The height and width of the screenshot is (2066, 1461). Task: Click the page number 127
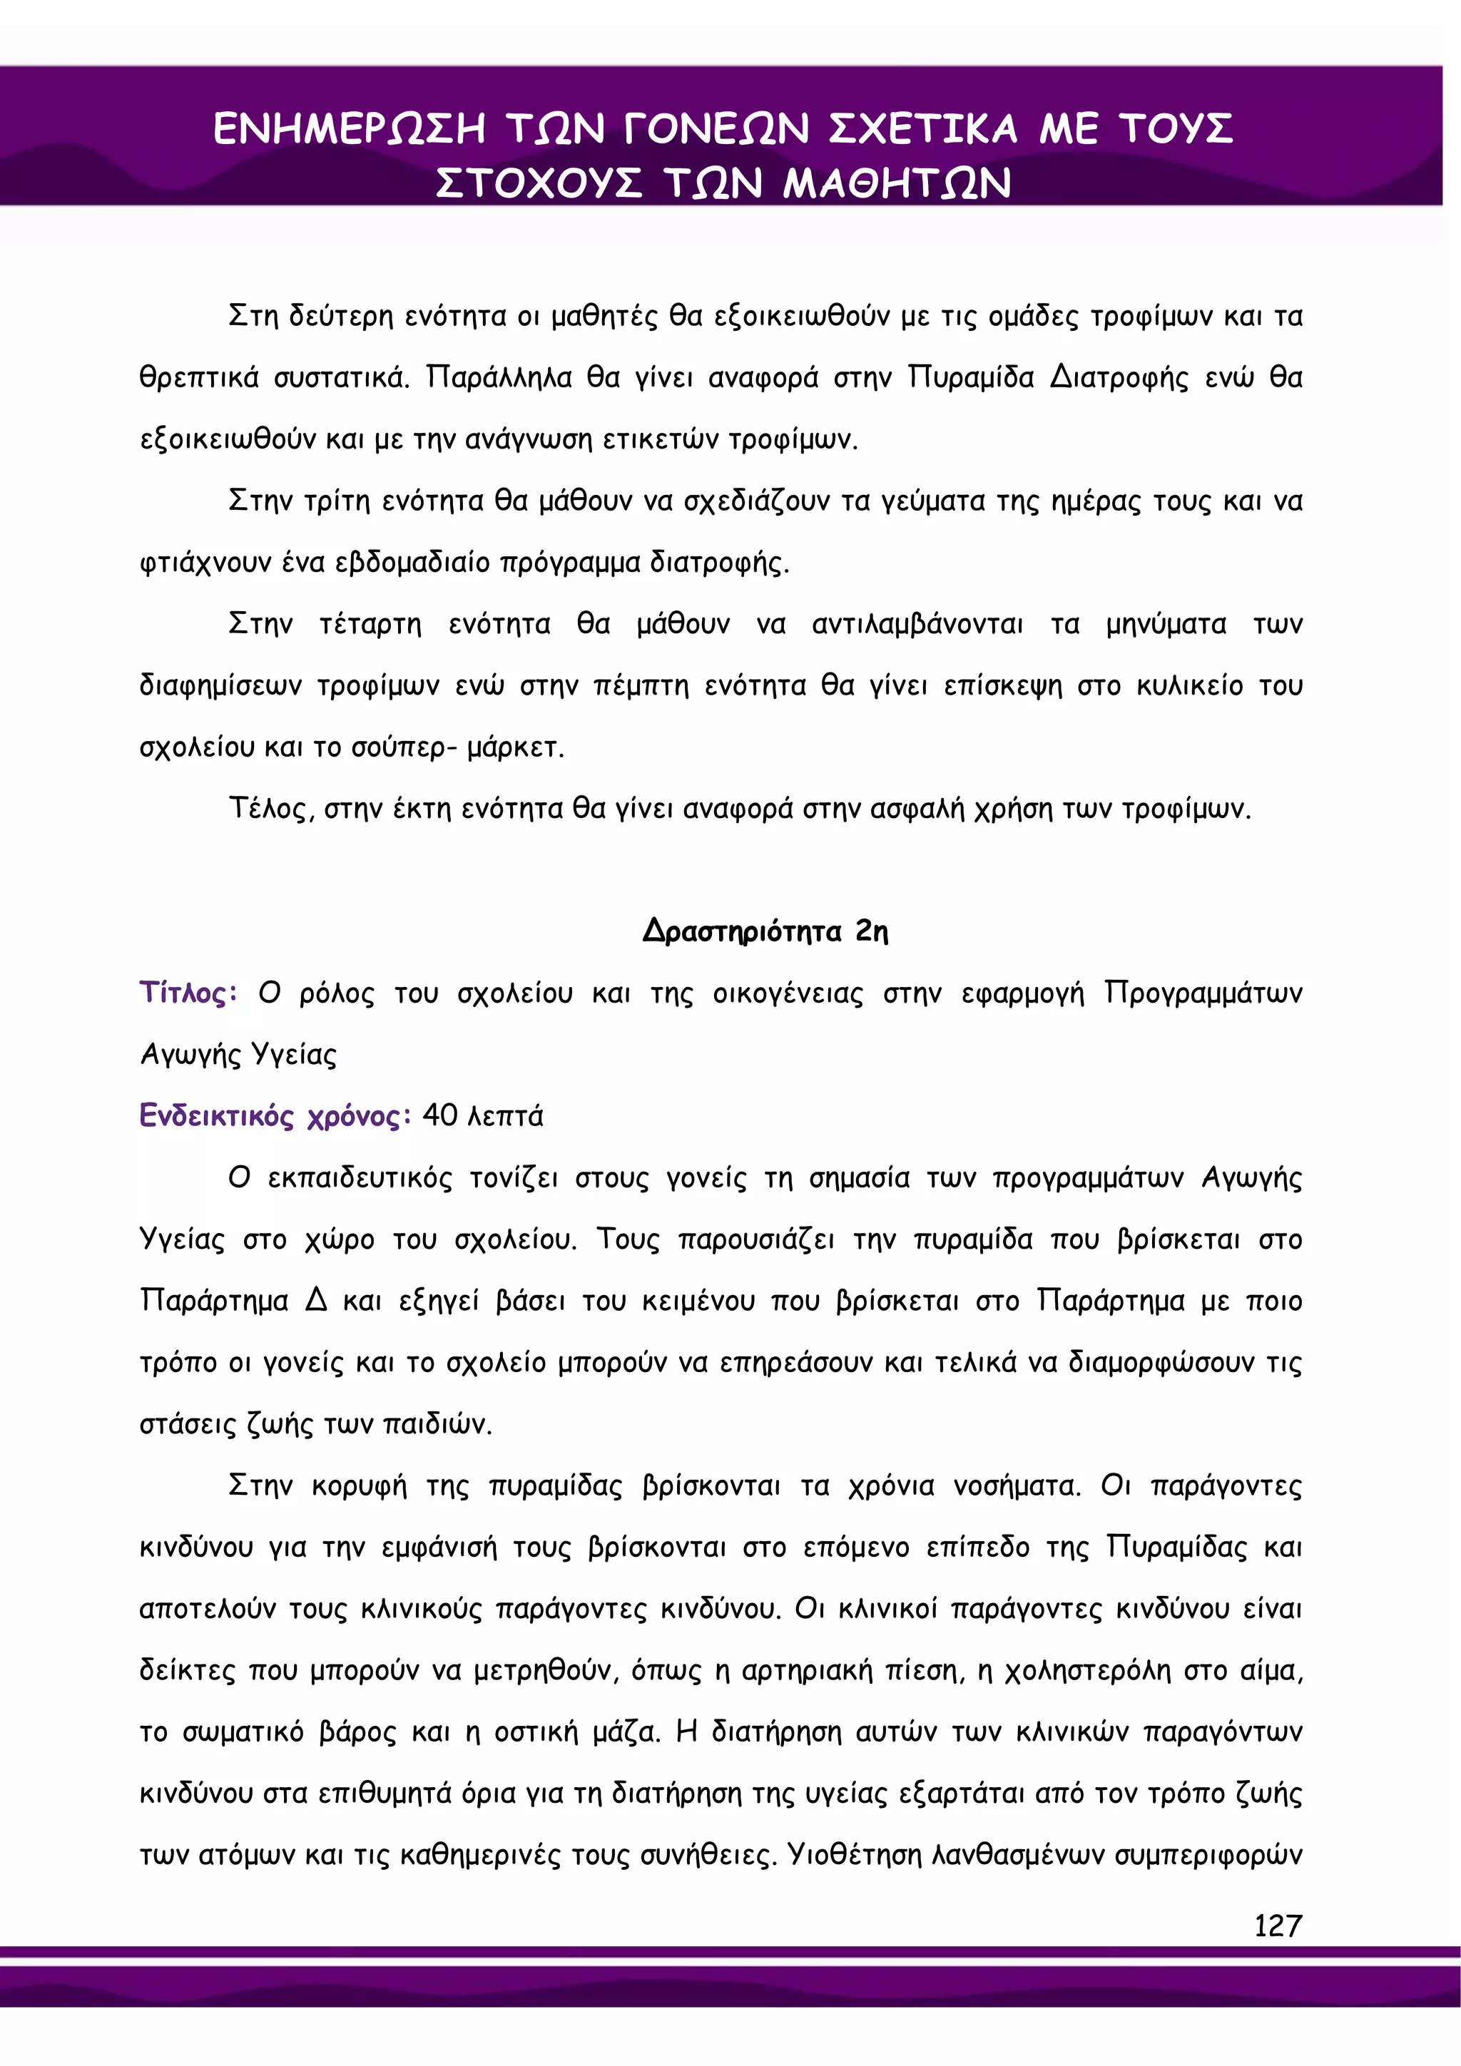point(1278,1925)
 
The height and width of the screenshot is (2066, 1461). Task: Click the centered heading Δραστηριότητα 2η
point(765,931)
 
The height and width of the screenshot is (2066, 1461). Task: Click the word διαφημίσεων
point(220,685)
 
